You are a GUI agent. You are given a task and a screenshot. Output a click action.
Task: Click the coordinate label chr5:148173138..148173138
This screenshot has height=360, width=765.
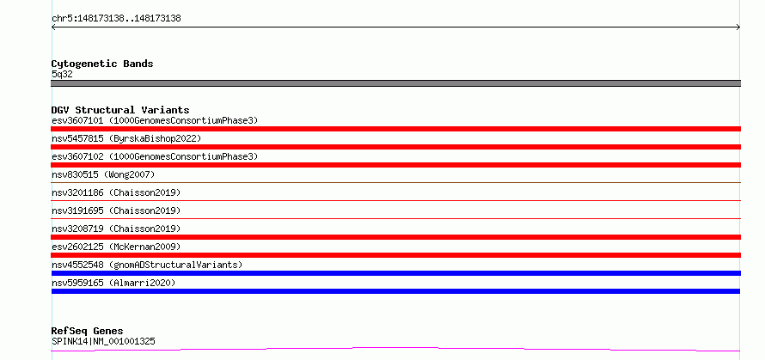(x=116, y=19)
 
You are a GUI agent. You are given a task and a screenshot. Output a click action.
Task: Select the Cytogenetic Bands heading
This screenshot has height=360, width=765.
(x=102, y=64)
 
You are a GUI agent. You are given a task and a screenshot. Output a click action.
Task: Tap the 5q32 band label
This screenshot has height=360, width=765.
(x=62, y=74)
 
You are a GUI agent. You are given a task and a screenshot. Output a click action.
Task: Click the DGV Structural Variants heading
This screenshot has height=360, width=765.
(x=120, y=110)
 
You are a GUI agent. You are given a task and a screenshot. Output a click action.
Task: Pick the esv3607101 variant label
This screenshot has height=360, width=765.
(x=155, y=120)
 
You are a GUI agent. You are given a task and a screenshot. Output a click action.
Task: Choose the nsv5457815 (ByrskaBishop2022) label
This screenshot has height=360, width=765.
(x=126, y=138)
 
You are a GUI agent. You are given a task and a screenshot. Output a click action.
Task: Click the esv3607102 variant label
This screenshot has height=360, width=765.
(x=155, y=156)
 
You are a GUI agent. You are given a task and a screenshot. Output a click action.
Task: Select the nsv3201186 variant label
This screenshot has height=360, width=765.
(x=116, y=192)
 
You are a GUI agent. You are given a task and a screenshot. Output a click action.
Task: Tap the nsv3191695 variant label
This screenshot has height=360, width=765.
(x=116, y=211)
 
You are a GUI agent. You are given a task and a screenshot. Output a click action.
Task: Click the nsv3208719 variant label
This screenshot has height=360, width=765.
(x=116, y=229)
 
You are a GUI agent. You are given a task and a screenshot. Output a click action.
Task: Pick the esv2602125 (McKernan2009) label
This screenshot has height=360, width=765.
(x=116, y=247)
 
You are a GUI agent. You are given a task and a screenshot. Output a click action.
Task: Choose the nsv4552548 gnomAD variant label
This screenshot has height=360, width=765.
(x=147, y=265)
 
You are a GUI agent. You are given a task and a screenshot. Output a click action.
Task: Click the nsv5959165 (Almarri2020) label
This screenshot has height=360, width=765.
(x=113, y=283)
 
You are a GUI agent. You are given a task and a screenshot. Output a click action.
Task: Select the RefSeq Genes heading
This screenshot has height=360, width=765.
(x=87, y=332)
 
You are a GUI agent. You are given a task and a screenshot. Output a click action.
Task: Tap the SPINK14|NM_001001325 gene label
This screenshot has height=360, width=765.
(x=103, y=341)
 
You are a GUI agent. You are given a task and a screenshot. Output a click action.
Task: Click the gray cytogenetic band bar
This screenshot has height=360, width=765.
(x=395, y=83)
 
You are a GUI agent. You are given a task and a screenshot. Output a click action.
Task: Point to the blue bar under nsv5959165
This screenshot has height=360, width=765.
(x=395, y=291)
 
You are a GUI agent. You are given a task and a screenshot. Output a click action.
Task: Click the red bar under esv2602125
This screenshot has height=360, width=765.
(x=395, y=255)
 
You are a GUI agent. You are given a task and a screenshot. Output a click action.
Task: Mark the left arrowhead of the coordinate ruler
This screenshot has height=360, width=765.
(x=52, y=27)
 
